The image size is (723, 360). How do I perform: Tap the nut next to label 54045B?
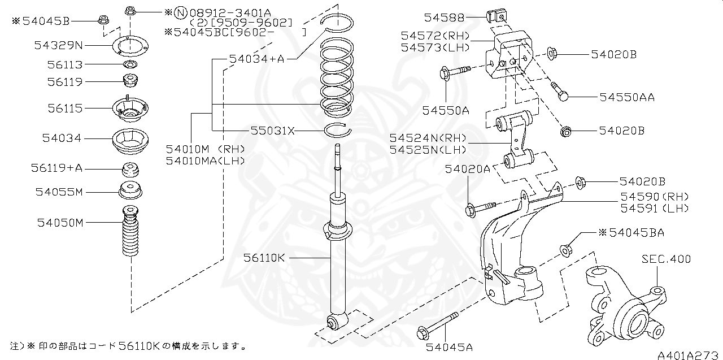point(103,20)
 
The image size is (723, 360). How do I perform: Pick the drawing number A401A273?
point(689,355)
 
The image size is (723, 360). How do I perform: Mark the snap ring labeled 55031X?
point(338,131)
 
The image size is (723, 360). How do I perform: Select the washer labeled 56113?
point(129,64)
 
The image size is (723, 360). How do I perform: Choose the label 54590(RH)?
point(655,197)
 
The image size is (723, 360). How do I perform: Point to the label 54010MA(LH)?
point(205,160)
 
